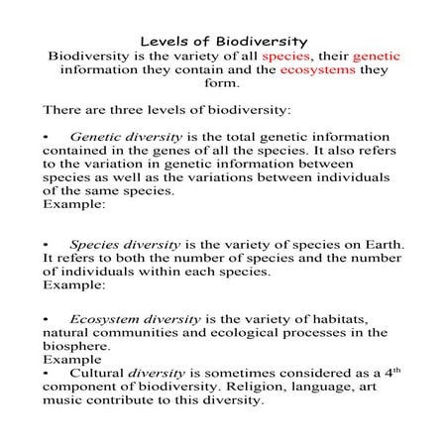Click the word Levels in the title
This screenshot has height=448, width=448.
(x=164, y=42)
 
